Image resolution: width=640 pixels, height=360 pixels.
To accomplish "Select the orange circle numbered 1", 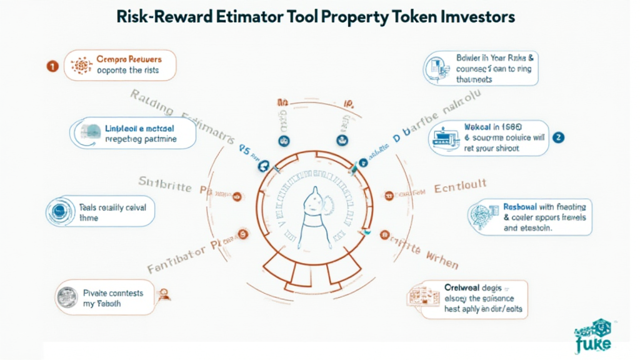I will (x=53, y=66).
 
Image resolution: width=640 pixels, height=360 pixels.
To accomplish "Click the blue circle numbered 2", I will (x=559, y=137).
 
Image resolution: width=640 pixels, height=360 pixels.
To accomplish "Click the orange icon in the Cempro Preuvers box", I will (x=81, y=66).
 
